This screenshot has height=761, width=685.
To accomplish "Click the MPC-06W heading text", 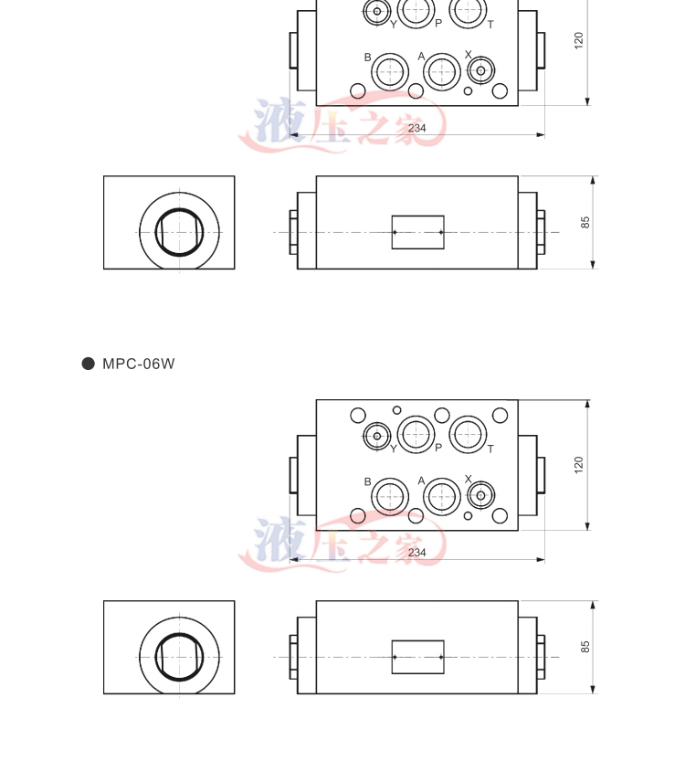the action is (x=138, y=364).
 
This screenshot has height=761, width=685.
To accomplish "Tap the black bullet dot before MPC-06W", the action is (x=89, y=364).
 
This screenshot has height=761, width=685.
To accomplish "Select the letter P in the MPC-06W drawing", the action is (x=438, y=448).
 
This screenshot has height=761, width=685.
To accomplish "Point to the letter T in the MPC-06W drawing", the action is (x=490, y=449).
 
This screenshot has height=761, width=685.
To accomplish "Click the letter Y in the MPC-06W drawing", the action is (x=394, y=449).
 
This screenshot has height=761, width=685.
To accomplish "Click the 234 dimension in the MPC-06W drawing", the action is (x=416, y=553).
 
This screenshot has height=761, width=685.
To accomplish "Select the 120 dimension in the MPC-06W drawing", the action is (x=578, y=464).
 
